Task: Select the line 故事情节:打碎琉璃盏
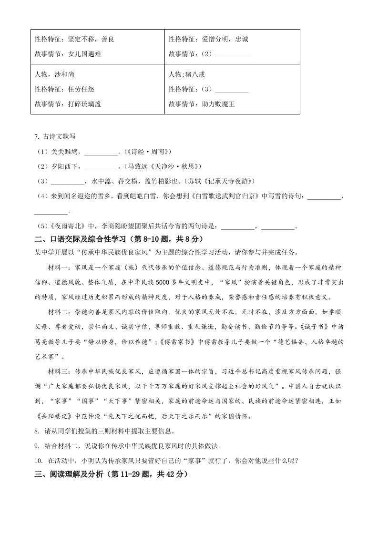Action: tap(68, 103)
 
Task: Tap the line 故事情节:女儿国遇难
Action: tap(68, 54)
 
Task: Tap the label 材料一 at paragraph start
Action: tap(59, 267)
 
